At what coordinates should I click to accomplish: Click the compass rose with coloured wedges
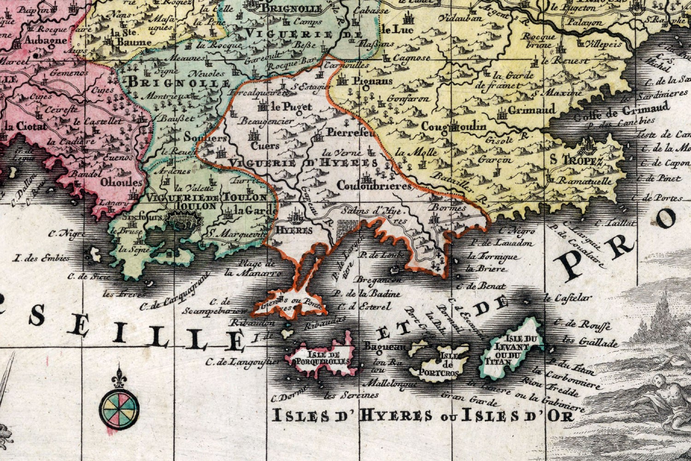pyautogui.click(x=119, y=407)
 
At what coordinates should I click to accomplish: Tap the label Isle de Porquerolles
pyautogui.click(x=323, y=358)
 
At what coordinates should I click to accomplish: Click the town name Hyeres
pyautogui.click(x=293, y=230)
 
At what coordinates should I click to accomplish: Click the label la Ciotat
pyautogui.click(x=25, y=125)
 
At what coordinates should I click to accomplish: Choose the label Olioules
pyautogui.click(x=122, y=183)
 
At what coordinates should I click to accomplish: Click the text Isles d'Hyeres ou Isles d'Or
pyautogui.click(x=423, y=416)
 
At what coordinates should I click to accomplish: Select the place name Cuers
pyautogui.click(x=265, y=145)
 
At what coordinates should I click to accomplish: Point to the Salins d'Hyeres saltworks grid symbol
pyautogui.click(x=347, y=227)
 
